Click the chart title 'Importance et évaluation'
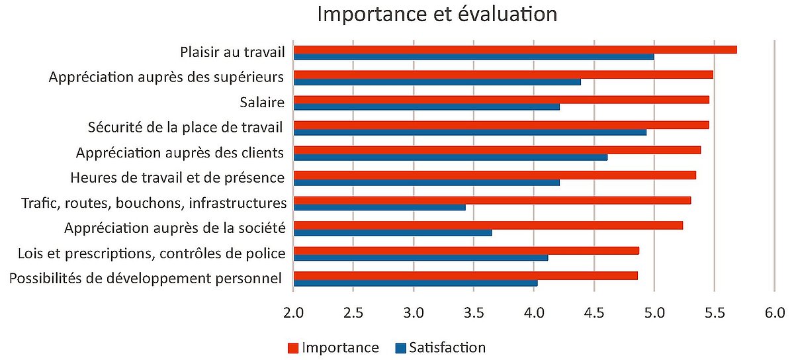pos(437,14)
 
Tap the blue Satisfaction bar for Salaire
pos(426,107)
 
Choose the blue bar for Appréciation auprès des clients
pos(450,157)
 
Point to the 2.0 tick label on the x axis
pos(293,311)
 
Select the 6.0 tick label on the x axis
pos(774,311)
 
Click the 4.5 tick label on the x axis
pos(594,311)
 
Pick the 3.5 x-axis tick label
pos(474,311)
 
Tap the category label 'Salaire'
pos(262,103)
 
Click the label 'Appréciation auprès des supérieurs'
pos(167,77)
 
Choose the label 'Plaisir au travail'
pos(232,52)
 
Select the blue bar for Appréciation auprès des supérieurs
pos(437,81)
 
